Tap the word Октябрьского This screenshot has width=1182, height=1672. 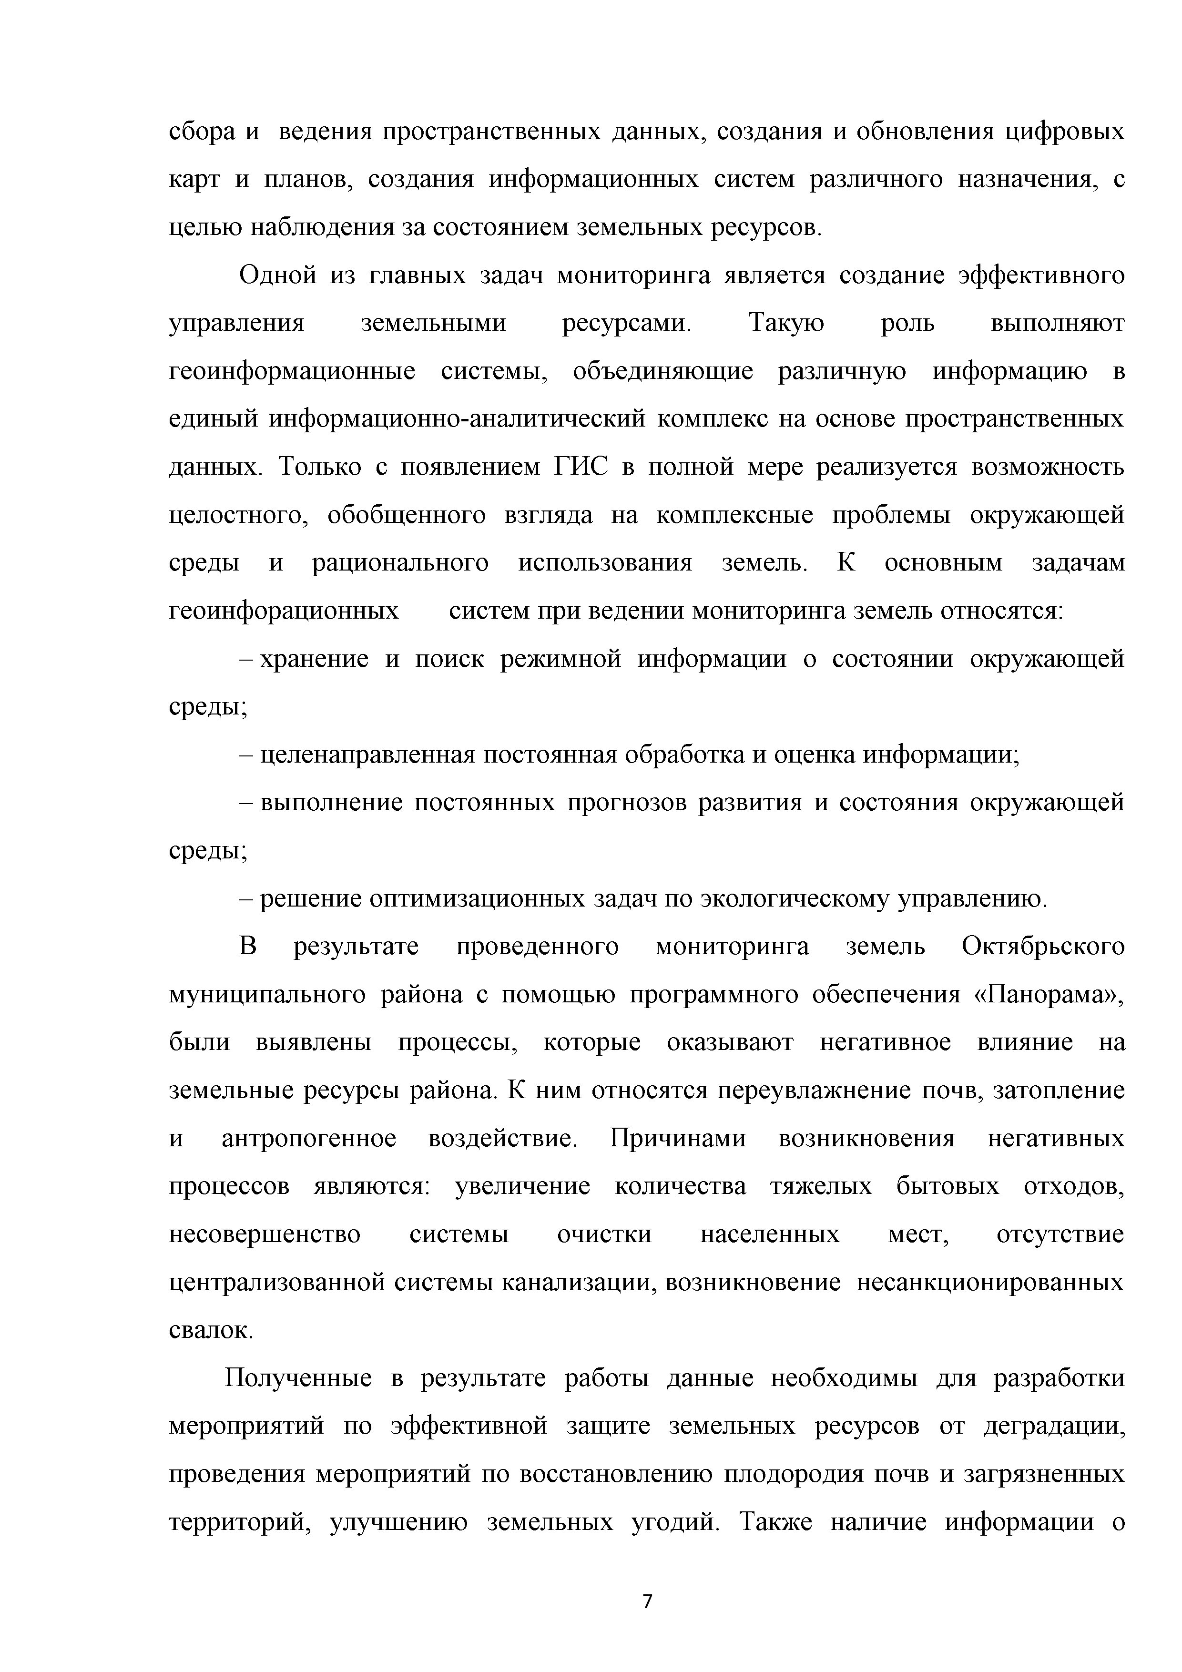pos(1043,947)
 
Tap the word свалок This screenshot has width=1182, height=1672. pos(211,1330)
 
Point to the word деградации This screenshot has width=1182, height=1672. pos(1054,1426)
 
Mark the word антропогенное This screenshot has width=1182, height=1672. pos(309,1138)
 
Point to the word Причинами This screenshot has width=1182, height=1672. pos(678,1138)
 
